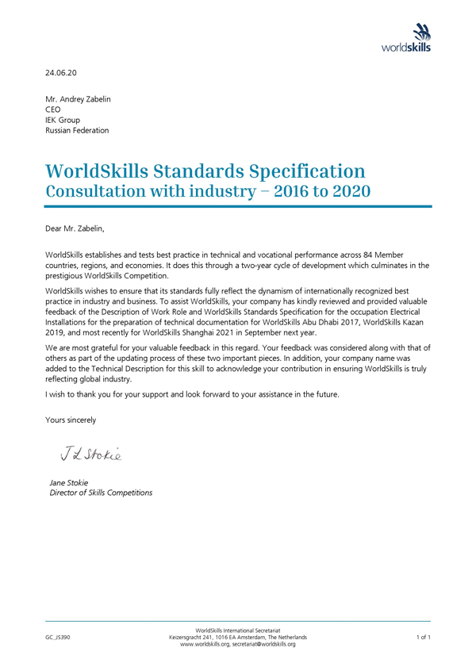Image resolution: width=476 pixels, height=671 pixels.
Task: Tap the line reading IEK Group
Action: pyautogui.click(x=62, y=121)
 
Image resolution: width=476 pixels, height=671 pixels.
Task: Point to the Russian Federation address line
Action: pyautogui.click(x=77, y=130)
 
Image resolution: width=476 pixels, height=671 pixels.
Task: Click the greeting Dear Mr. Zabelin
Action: pyautogui.click(x=75, y=228)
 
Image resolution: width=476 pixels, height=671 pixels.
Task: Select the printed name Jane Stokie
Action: pyautogui.click(x=69, y=482)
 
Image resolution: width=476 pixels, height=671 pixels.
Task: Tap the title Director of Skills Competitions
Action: pyautogui.click(x=101, y=493)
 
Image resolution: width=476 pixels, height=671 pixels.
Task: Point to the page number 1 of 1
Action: pyautogui.click(x=423, y=637)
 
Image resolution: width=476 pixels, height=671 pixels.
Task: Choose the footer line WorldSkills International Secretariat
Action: pyautogui.click(x=238, y=630)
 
